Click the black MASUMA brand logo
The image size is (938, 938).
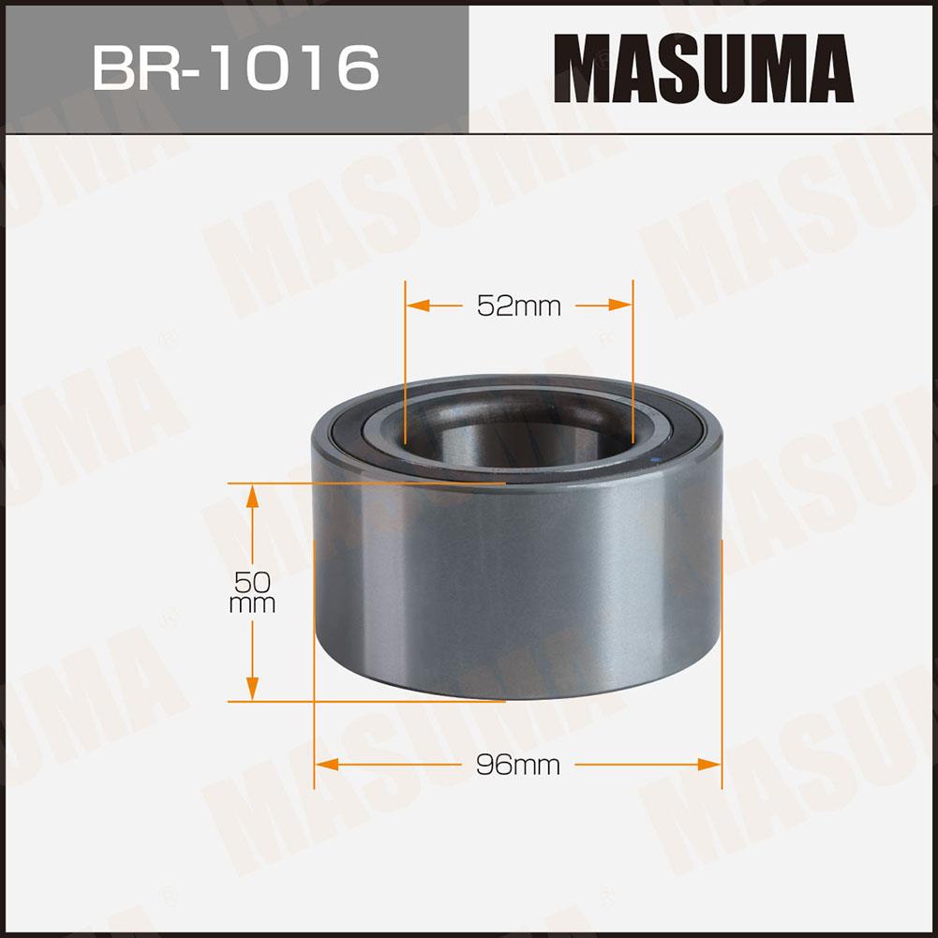coord(704,68)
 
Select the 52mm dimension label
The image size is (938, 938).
coord(518,306)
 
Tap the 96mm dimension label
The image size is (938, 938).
coord(518,765)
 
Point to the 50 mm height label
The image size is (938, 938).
coord(252,592)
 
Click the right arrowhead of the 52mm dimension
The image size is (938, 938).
coord(620,305)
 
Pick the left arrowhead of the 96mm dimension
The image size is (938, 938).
coord(327,765)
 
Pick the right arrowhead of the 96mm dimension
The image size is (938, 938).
coord(709,765)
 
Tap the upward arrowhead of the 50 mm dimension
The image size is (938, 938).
coord(252,496)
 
